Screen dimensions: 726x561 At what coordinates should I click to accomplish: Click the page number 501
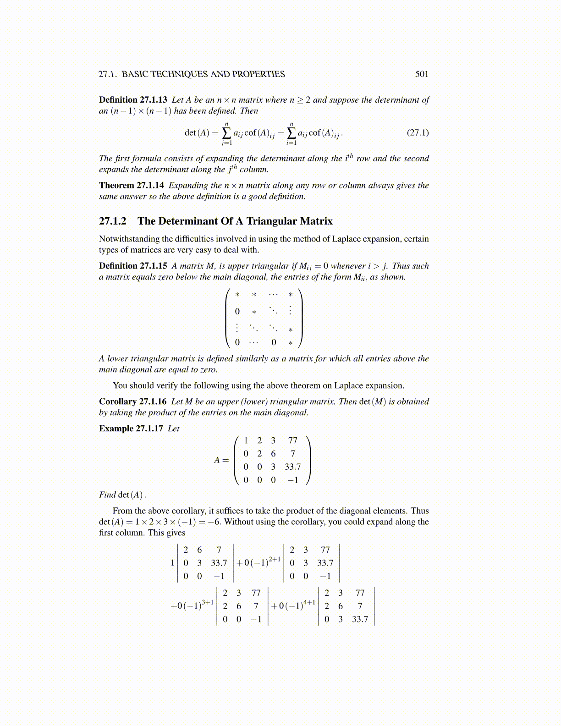click(421, 74)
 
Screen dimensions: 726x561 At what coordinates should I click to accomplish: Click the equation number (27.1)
click(418, 133)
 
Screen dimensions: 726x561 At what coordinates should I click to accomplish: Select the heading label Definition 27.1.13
click(133, 100)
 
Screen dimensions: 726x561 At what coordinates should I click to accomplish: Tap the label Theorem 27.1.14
click(131, 186)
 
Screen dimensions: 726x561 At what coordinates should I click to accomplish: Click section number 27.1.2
click(112, 221)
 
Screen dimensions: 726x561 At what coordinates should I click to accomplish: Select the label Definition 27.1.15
click(133, 266)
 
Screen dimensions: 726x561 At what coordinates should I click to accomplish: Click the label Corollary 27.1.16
click(132, 401)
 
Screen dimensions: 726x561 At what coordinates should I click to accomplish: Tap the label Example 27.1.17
click(131, 429)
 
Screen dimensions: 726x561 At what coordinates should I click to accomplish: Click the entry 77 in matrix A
click(292, 441)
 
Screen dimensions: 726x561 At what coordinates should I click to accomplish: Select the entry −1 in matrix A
click(292, 480)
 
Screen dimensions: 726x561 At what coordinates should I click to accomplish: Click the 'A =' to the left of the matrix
click(221, 460)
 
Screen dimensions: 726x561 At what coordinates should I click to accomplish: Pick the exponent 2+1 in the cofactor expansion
click(275, 559)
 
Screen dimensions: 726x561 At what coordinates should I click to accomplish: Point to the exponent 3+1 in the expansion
click(208, 602)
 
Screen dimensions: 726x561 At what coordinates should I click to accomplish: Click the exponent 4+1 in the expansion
click(309, 602)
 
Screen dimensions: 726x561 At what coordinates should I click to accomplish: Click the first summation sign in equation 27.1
click(226, 133)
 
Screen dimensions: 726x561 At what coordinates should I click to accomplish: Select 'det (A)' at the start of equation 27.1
click(197, 133)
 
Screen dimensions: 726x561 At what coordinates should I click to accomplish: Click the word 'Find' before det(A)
click(107, 495)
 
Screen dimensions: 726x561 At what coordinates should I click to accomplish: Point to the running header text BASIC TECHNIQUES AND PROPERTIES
click(203, 74)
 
